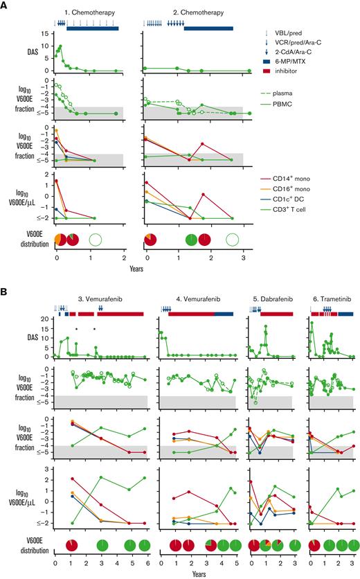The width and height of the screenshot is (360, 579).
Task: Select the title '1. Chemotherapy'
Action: tap(88, 13)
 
